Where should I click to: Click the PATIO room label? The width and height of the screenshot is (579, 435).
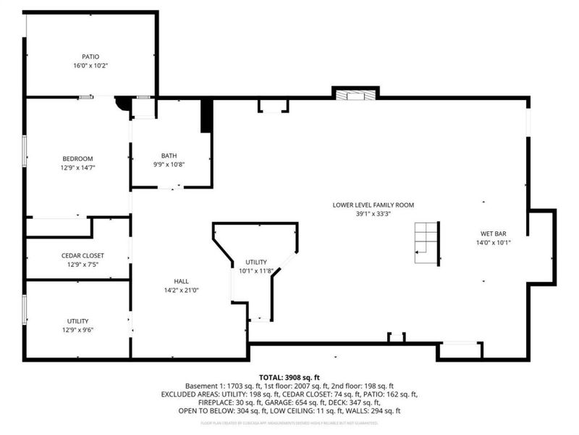tap(90, 56)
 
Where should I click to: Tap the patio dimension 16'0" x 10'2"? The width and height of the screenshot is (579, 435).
tap(90, 65)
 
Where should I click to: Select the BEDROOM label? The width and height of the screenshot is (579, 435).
tap(77, 158)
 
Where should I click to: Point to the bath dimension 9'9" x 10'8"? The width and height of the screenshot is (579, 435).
tap(169, 164)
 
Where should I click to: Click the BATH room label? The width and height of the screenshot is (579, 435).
tap(169, 155)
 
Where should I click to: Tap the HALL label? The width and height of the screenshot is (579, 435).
tap(181, 281)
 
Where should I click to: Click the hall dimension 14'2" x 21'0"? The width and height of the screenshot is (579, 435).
tap(181, 290)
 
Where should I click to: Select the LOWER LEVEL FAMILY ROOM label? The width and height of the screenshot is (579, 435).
tap(373, 205)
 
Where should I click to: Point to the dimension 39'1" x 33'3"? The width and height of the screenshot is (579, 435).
tap(373, 214)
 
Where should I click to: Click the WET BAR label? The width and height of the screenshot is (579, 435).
tap(493, 233)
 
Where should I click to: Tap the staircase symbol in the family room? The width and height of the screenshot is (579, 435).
tap(426, 244)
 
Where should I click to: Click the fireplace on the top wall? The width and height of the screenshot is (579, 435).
tap(355, 94)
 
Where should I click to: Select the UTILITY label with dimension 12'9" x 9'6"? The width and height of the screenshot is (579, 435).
tap(77, 320)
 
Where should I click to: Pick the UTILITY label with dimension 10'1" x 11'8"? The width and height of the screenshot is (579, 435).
tap(256, 262)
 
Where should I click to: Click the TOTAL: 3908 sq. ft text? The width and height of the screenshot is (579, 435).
tap(289, 378)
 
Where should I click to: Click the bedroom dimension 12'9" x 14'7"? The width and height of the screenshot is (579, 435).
tap(77, 167)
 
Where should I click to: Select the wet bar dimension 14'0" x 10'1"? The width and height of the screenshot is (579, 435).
tap(493, 242)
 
